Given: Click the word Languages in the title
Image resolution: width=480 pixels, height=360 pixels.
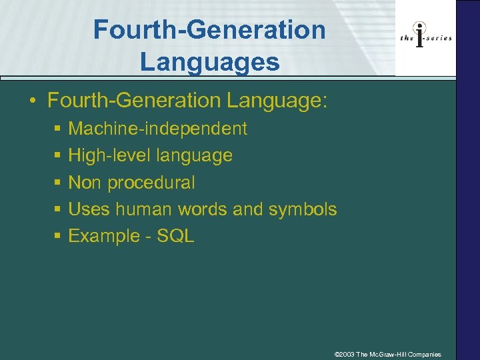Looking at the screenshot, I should click(x=209, y=61).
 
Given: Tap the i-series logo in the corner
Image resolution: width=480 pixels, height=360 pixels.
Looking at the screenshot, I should click(x=425, y=37).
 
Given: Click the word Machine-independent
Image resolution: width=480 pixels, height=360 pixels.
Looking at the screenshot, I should click(x=157, y=129).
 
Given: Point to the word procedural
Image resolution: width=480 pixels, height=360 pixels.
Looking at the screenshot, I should click(x=151, y=183).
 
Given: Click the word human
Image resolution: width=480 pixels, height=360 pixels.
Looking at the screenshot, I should click(x=143, y=209).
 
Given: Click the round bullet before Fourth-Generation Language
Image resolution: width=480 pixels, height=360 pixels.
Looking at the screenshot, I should click(x=31, y=101).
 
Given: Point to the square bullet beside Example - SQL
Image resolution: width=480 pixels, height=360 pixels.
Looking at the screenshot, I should click(x=59, y=236).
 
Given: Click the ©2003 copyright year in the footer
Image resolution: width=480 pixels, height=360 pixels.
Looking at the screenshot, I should click(x=344, y=354).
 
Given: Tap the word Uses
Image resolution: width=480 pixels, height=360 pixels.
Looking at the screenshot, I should click(x=89, y=209).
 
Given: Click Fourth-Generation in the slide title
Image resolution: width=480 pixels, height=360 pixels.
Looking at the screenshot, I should click(x=209, y=29).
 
